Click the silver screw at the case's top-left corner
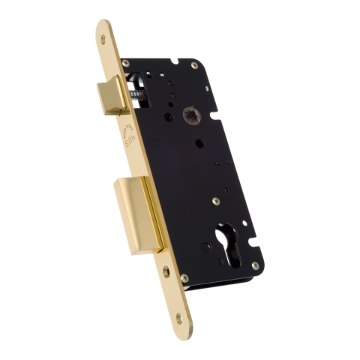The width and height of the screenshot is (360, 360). click(125, 64)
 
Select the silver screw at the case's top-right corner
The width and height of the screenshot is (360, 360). click(194, 66)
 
